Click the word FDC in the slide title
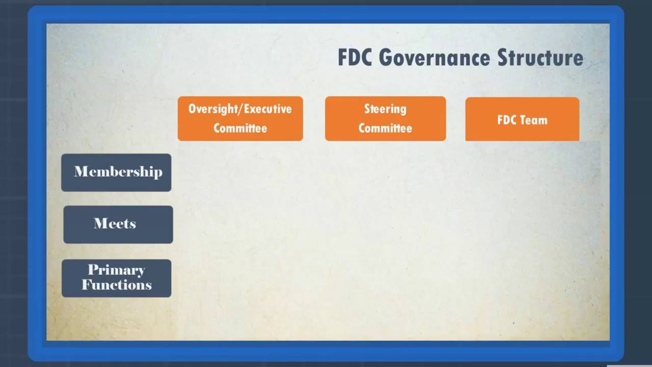(x=356, y=58)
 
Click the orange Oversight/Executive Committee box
(x=240, y=118)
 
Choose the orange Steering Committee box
(x=385, y=118)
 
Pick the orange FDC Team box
(x=522, y=119)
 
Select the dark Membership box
(x=116, y=172)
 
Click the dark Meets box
(x=118, y=224)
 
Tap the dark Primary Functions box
(x=116, y=278)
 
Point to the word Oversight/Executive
(x=240, y=109)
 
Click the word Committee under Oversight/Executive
(x=240, y=128)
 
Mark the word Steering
(x=385, y=109)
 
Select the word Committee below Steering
(x=385, y=128)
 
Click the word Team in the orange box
(x=535, y=120)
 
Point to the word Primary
(x=116, y=270)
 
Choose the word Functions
(x=117, y=284)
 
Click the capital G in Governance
(x=385, y=58)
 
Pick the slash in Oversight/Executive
(x=241, y=109)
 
